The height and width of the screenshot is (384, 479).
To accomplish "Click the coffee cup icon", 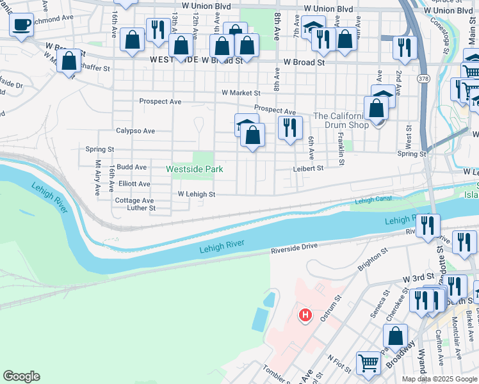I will pos(22,24).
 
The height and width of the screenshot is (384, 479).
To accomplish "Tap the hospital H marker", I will pos(305,315).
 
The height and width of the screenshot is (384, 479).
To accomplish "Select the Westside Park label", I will pos(194,169).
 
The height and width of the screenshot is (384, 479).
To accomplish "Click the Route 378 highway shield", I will pos(423,78).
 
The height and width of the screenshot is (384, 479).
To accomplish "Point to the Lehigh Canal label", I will pos(372,200).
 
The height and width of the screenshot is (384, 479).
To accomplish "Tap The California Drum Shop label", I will pos(341,120).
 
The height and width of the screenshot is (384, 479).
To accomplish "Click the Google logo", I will pos(21,376).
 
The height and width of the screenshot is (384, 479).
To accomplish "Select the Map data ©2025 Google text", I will pos(439,379).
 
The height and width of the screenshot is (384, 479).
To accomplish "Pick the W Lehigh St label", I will pos(196,193).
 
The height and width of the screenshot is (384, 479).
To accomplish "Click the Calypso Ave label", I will pos(135,131).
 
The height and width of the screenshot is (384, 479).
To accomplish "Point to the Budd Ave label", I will pos(132,167).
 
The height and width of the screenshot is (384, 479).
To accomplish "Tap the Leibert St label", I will pos(309,168).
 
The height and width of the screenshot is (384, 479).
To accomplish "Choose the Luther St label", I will pos(142,208).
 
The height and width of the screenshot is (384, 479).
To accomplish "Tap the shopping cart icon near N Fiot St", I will pos(368,362).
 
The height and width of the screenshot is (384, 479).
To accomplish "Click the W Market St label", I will pos(241,93).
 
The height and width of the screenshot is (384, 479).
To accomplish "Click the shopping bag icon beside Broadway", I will pos(396,335).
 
